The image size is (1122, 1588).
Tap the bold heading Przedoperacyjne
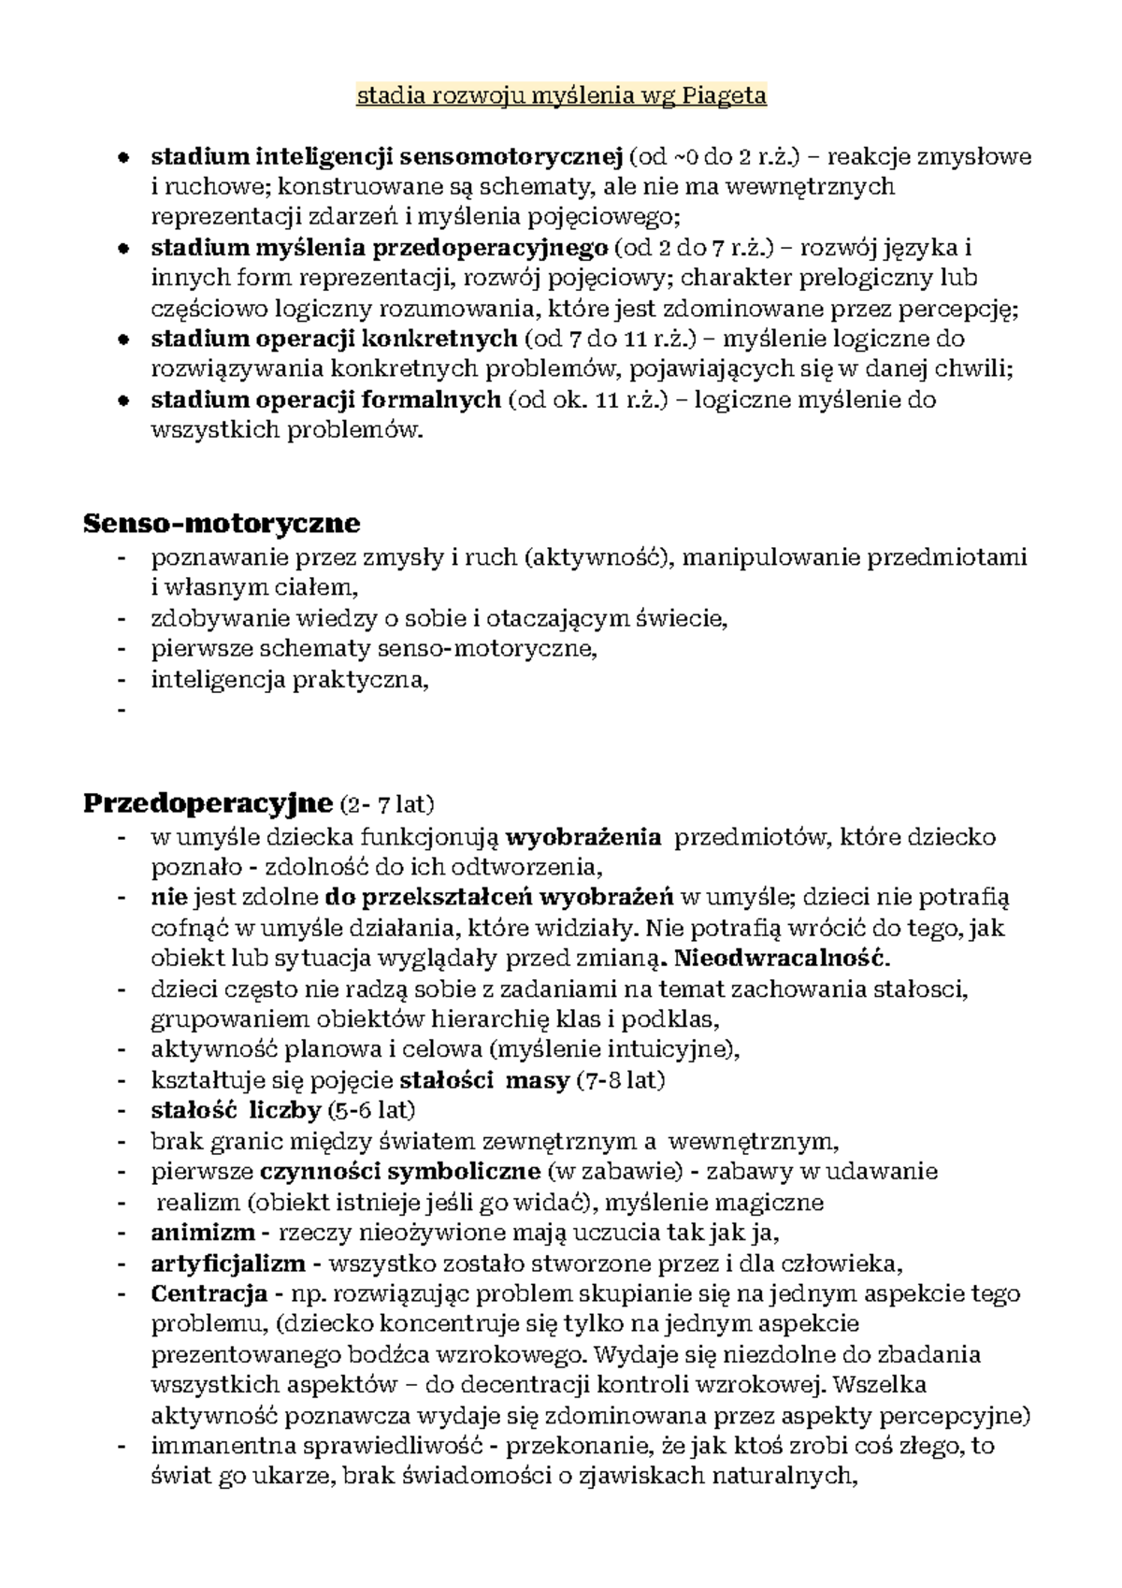208,802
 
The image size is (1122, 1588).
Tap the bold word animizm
202,1232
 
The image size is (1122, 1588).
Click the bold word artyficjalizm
228,1263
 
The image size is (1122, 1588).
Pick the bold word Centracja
209,1294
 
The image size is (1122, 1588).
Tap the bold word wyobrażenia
583,836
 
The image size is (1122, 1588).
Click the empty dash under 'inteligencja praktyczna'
121,711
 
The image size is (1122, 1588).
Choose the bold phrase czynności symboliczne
400,1171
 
